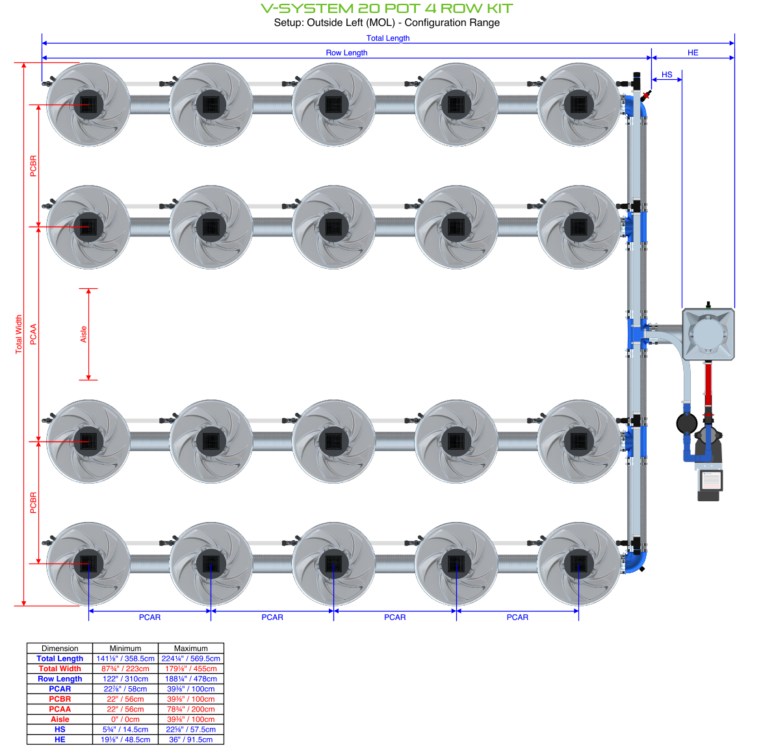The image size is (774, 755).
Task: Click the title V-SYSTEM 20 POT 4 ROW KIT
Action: coord(387,8)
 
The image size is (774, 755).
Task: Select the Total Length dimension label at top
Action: coord(388,38)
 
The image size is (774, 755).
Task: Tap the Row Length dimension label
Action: coord(346,53)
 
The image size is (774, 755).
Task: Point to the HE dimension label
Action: coord(693,53)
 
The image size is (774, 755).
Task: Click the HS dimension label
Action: coord(667,75)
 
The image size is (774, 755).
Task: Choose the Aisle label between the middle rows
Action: coord(84,334)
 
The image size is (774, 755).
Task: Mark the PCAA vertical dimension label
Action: coord(34,334)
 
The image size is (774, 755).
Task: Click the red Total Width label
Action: coord(19,334)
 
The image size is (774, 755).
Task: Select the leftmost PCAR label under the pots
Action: coord(149,617)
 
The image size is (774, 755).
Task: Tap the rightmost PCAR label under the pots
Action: coord(517,617)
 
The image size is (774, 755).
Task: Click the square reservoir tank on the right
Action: coord(708,334)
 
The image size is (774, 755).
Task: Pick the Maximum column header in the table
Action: coord(191,648)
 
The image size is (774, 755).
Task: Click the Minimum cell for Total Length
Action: coord(125,658)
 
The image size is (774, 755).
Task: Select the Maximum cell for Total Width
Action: coord(191,669)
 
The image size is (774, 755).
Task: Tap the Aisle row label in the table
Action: coord(60,719)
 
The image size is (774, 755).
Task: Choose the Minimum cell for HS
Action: coord(125,729)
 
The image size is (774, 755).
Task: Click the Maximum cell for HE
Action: coord(191,739)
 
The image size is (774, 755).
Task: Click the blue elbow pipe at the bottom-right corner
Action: coord(637,561)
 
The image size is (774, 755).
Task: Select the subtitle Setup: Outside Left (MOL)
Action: coord(387,23)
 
